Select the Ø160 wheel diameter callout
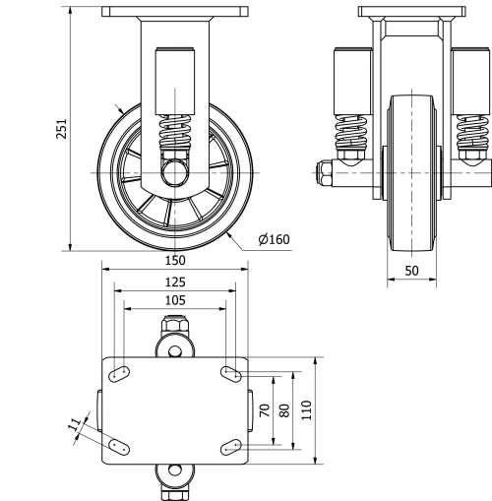(x=273, y=238)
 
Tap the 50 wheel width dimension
(x=412, y=269)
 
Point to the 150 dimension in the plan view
(x=174, y=261)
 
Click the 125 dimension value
(x=174, y=282)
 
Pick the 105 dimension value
(x=174, y=300)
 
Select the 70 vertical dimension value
(x=263, y=410)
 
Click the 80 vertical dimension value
(x=283, y=410)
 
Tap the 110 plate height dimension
(x=305, y=410)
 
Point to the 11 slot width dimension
(x=73, y=425)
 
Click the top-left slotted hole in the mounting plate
(x=120, y=373)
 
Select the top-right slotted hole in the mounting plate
(x=233, y=373)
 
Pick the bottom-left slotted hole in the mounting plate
(x=118, y=447)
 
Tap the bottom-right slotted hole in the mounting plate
(x=232, y=448)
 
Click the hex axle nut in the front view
(x=324, y=177)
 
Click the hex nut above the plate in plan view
(x=174, y=324)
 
